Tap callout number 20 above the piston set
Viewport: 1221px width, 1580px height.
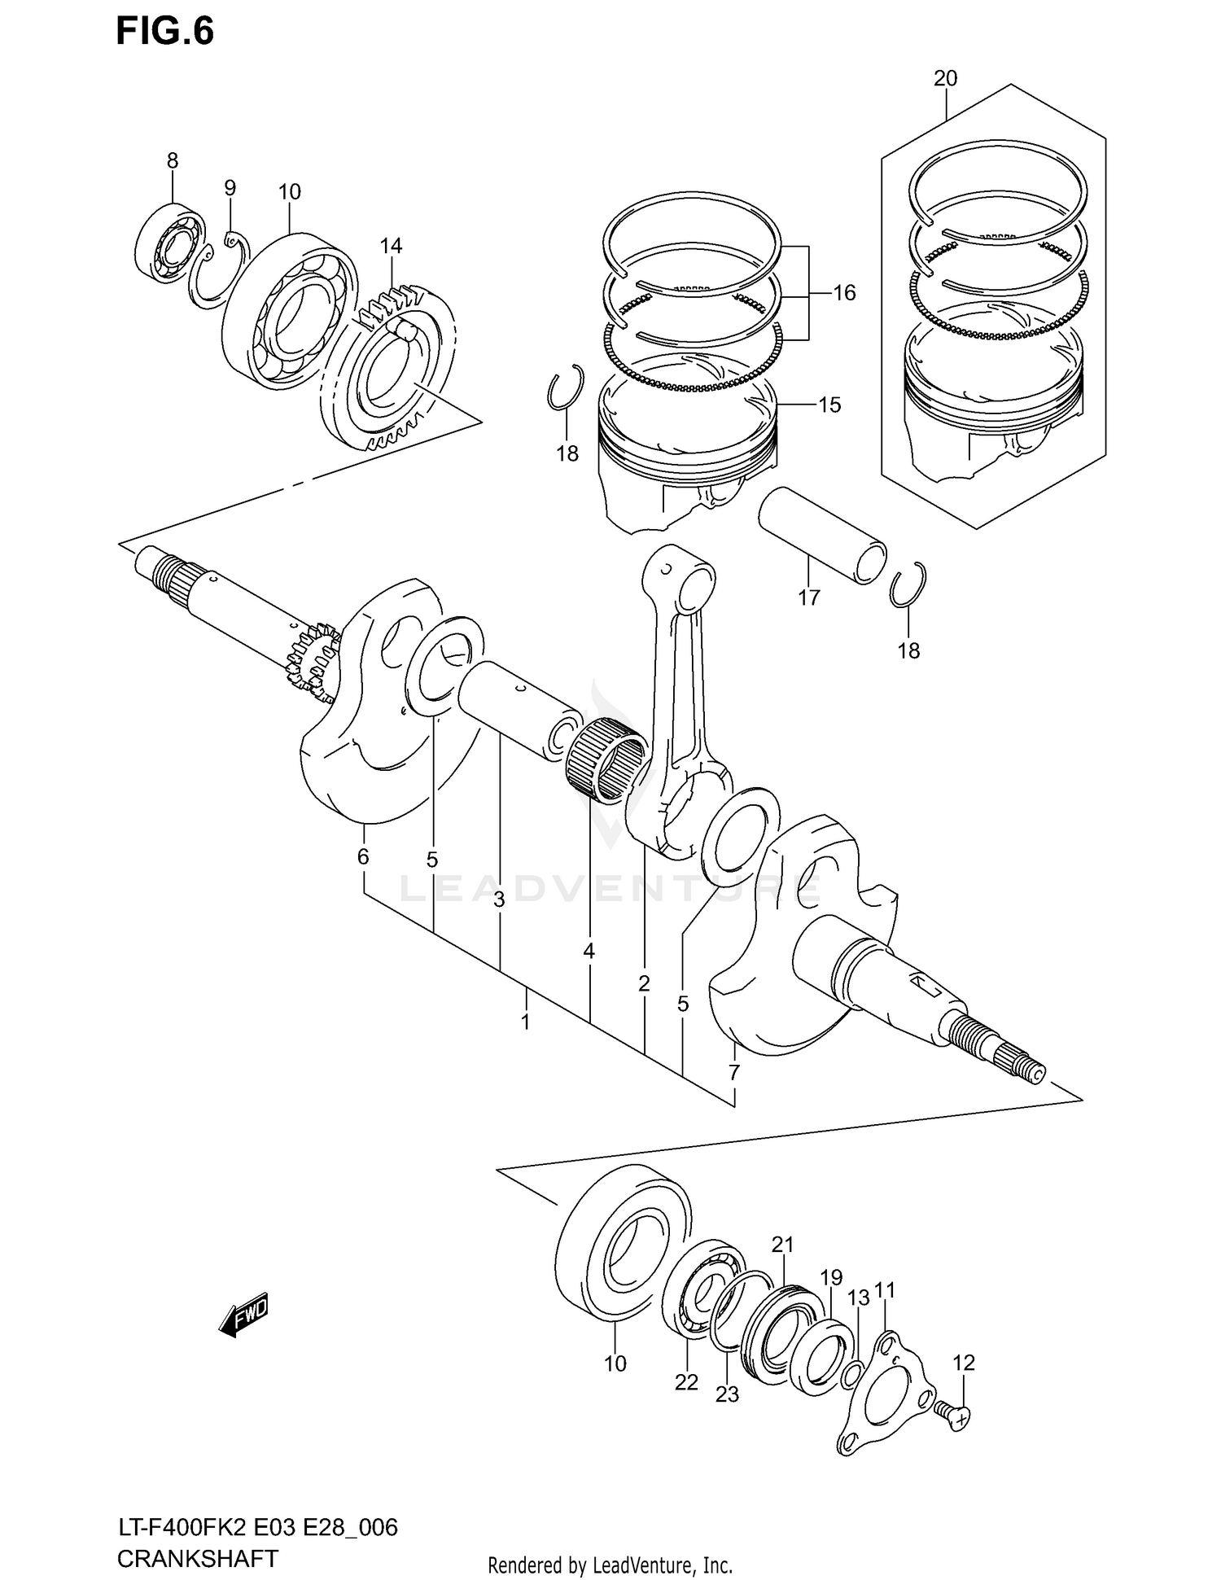pos(945,79)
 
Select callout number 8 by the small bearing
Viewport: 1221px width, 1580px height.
pos(173,161)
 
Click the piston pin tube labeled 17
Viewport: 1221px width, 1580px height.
pos(822,534)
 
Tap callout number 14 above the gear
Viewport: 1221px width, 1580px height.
pos(391,246)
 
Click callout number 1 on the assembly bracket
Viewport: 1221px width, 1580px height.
pos(526,1022)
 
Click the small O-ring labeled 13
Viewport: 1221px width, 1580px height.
pos(851,1375)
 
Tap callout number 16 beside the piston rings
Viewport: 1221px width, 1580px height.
pos(844,293)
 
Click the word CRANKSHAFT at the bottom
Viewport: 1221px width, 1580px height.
pos(198,1559)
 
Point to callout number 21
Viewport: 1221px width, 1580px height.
pos(782,1245)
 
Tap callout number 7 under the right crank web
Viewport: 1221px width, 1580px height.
pos(733,1073)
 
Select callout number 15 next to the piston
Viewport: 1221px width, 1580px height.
pos(829,405)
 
